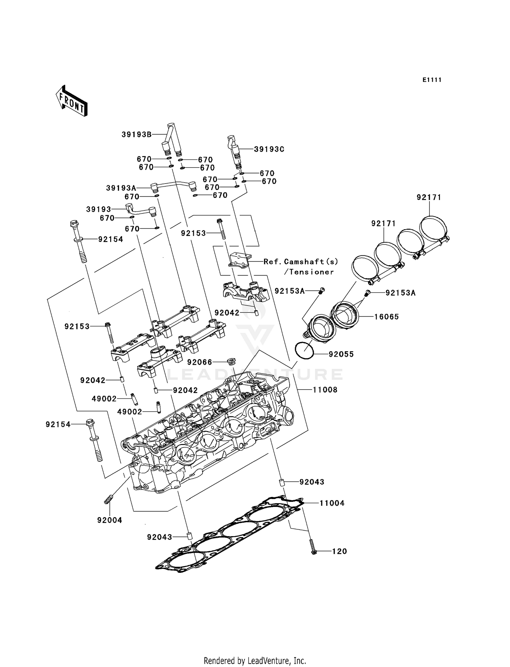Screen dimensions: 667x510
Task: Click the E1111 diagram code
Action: [432, 80]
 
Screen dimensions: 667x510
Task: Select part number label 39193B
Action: [136, 135]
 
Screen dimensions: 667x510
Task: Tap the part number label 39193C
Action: [269, 149]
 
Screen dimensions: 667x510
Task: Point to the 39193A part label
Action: [121, 188]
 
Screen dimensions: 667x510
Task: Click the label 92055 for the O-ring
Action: [341, 354]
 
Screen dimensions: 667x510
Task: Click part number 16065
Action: [387, 317]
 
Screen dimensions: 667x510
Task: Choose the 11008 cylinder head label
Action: [325, 390]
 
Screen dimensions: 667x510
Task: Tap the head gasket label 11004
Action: [332, 503]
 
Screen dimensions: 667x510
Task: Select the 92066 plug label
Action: [200, 362]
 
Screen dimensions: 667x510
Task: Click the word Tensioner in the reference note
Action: [311, 272]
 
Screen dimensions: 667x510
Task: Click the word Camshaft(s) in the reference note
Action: [311, 261]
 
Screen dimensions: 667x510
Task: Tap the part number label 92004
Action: [109, 520]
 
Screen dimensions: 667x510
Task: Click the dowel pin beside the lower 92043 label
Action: [190, 537]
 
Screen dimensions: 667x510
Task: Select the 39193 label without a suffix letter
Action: [99, 209]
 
